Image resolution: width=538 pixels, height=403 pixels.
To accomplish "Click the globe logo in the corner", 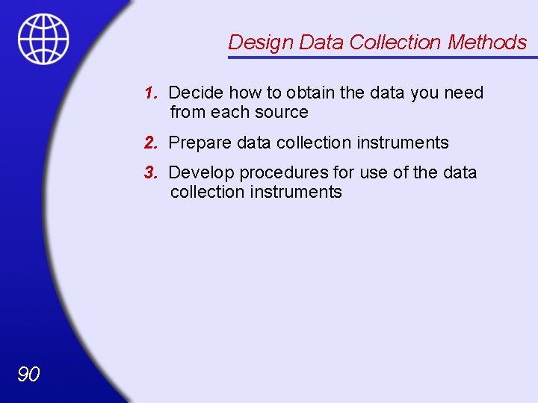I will coord(43,39).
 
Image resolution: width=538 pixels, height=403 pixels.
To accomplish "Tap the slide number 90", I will coord(28,374).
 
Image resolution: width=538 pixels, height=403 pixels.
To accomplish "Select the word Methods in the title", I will coord(487,43).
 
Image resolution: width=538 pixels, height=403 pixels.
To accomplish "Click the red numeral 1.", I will coord(150,93).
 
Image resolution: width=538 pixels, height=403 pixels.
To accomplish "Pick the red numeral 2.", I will coord(150,143).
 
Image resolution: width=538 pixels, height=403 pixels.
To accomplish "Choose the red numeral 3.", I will coord(150,172).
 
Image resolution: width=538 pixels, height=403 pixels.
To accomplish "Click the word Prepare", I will coord(198,143).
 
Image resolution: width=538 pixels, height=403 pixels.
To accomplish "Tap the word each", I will coord(229,113).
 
